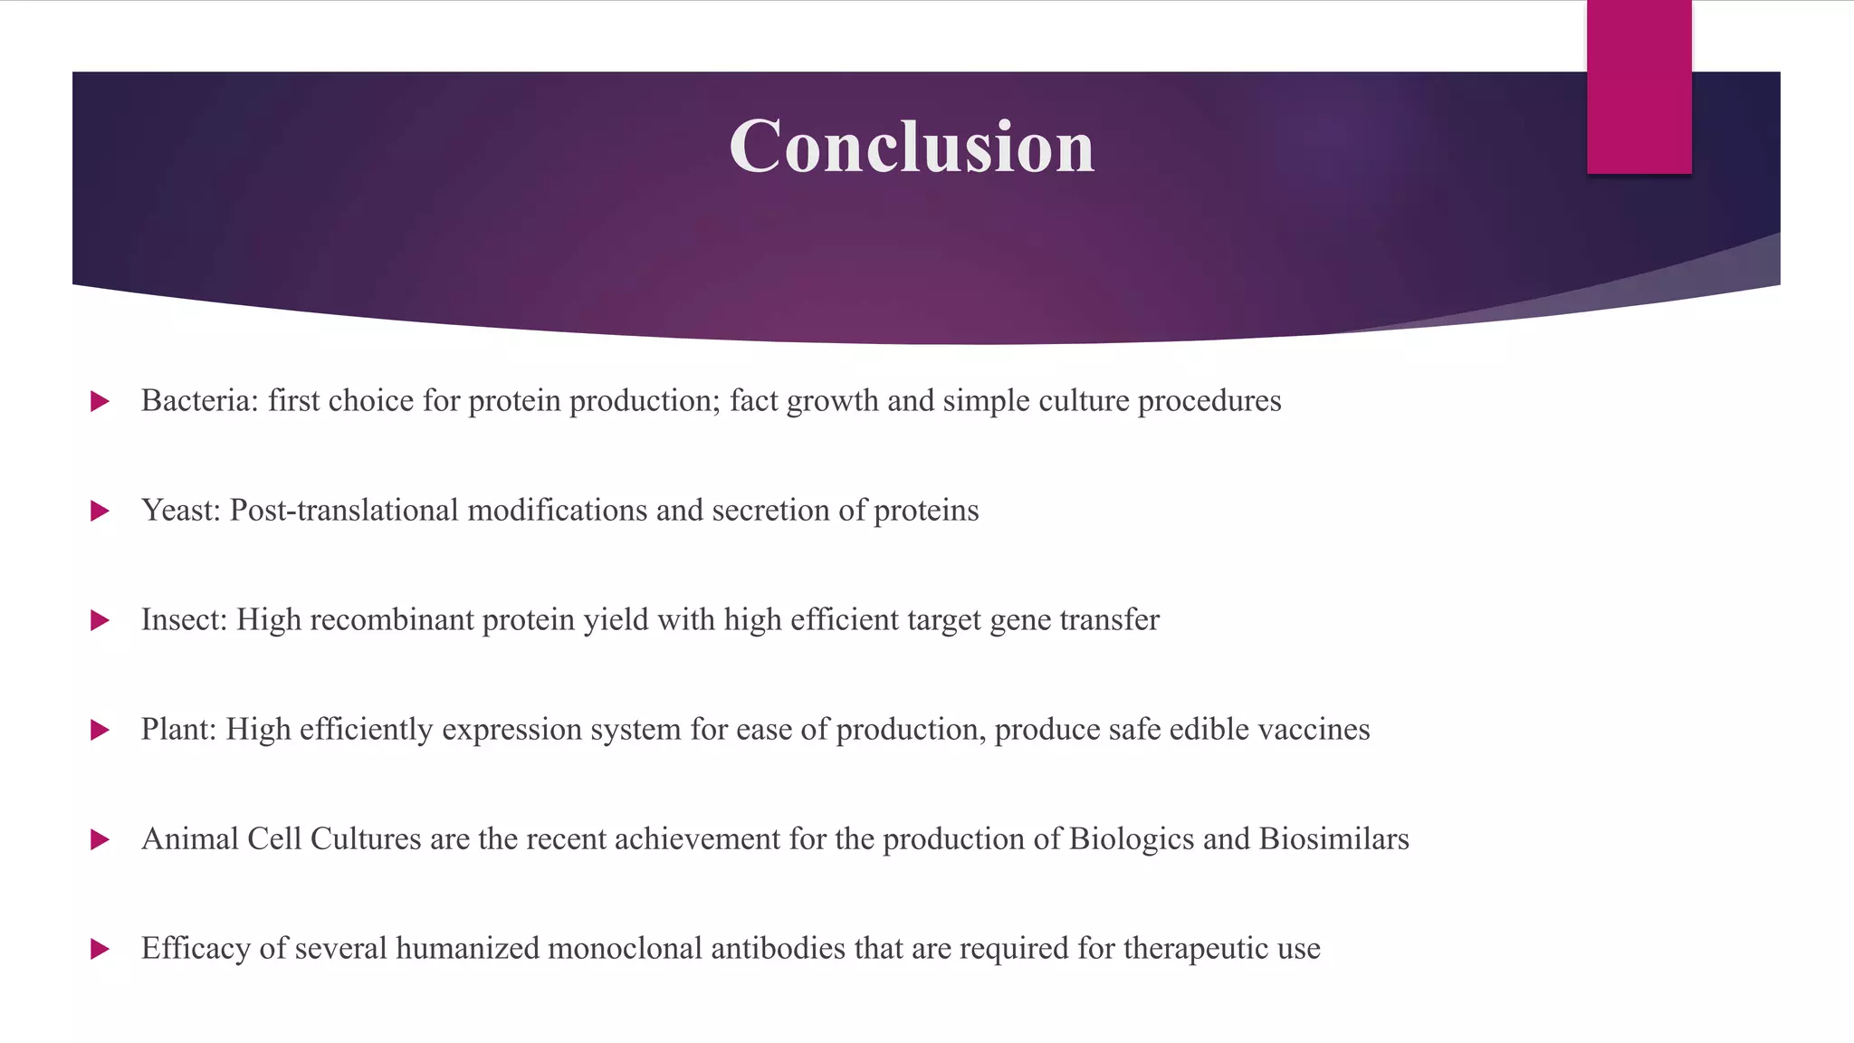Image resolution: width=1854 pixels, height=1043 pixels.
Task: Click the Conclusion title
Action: click(x=912, y=147)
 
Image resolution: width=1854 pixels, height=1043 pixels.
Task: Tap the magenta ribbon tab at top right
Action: click(x=1639, y=87)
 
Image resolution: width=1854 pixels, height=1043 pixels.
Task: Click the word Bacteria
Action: click(x=199, y=400)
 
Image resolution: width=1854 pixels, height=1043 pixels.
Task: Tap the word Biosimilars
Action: click(x=1333, y=839)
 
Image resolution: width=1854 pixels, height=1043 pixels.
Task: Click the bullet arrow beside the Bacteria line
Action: click(x=100, y=401)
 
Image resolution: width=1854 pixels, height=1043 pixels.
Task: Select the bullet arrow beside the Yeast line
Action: click(x=100, y=512)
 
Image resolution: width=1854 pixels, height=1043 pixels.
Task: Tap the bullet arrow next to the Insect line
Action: click(x=100, y=621)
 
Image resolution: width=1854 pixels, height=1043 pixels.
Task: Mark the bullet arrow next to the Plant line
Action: click(x=100, y=730)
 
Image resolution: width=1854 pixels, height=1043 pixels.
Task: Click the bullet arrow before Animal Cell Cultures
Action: click(x=100, y=840)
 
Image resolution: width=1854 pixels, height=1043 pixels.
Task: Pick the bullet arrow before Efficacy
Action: click(x=100, y=950)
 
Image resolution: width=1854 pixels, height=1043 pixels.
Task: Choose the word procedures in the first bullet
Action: click(x=1209, y=401)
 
